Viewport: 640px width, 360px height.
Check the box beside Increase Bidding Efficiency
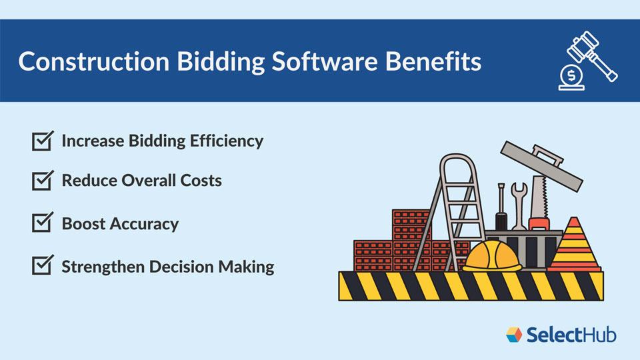[x=43, y=141]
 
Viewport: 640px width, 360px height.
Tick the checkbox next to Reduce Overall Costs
[x=43, y=181]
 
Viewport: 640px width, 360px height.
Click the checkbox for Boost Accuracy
[x=43, y=223]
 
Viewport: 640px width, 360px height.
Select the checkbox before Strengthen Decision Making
[x=43, y=266]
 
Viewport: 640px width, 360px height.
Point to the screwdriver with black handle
[x=500, y=207]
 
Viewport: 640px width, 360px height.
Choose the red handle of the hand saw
[x=538, y=222]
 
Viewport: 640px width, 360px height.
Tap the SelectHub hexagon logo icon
[x=514, y=334]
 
